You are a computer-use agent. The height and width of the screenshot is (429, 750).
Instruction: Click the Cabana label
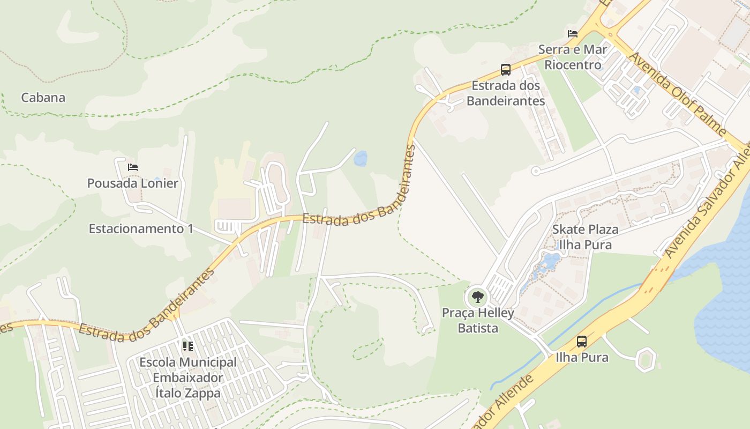click(x=43, y=98)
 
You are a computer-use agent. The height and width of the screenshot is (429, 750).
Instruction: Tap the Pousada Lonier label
click(x=133, y=183)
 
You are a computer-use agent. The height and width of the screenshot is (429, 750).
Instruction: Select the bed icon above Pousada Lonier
click(x=133, y=167)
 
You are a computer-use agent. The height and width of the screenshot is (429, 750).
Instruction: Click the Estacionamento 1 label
click(x=141, y=228)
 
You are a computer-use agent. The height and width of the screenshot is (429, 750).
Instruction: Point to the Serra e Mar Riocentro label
click(x=573, y=57)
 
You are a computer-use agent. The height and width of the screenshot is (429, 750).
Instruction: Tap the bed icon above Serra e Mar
click(x=573, y=34)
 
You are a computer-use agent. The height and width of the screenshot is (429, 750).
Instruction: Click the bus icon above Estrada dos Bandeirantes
click(x=506, y=69)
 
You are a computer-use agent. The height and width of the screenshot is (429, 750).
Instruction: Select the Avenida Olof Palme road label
click(x=677, y=94)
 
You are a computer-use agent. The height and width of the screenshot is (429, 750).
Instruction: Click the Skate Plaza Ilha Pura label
click(x=585, y=237)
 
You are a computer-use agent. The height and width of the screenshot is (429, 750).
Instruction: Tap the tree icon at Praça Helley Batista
click(x=477, y=296)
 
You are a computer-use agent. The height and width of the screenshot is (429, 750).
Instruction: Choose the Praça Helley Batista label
click(x=478, y=320)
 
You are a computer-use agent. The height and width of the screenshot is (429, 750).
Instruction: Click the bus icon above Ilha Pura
click(x=582, y=341)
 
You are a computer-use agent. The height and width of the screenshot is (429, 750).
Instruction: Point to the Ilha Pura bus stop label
click(x=582, y=357)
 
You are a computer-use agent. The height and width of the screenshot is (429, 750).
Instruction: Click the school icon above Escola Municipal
click(x=187, y=346)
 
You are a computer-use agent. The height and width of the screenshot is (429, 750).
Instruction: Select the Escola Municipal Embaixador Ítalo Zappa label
click(x=187, y=378)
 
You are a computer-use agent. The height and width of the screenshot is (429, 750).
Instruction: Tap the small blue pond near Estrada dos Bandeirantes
click(x=361, y=158)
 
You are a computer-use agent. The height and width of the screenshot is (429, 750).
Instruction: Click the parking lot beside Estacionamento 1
click(x=227, y=226)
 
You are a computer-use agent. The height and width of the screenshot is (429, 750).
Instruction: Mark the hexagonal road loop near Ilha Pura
click(x=646, y=359)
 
